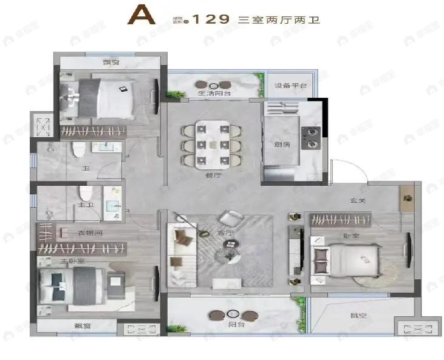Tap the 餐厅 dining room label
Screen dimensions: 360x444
tap(212, 174)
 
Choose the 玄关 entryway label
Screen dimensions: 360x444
tap(358, 201)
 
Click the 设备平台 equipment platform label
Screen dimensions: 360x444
tap(289, 86)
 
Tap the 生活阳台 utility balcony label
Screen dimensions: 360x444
tap(214, 94)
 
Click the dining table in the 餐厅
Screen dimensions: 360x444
tap(213, 144)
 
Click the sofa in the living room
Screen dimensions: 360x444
tap(182, 253)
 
